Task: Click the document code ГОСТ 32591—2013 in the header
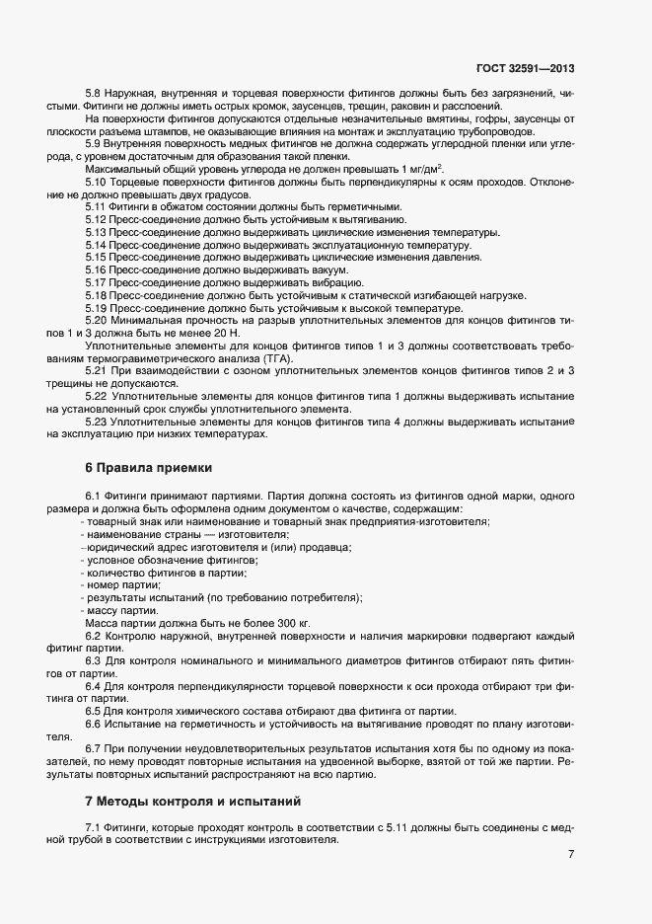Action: pyautogui.click(x=526, y=68)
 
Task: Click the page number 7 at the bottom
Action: pyautogui.click(x=571, y=854)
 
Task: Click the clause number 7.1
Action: pyautogui.click(x=95, y=826)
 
